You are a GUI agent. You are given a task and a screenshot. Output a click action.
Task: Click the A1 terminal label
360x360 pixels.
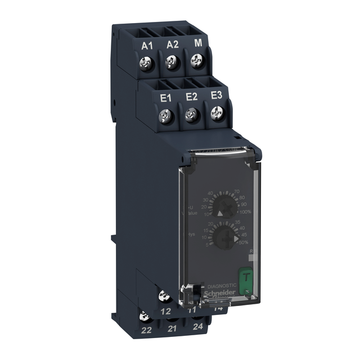pyautogui.click(x=147, y=46)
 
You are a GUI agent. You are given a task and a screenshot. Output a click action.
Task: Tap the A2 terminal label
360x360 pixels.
pyautogui.click(x=172, y=45)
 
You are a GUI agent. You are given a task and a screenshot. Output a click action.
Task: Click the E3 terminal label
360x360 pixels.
pyautogui.click(x=216, y=96)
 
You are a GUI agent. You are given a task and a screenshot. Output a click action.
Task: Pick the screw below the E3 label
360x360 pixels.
pyautogui.click(x=217, y=114)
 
